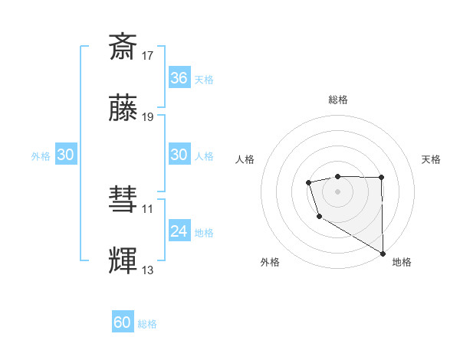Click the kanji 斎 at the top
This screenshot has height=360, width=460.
point(123,46)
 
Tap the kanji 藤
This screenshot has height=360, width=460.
point(123,108)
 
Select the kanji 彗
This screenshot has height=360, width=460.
point(123,199)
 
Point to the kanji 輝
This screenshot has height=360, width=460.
point(123,260)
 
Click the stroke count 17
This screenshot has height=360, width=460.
point(148,55)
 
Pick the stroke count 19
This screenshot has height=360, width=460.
point(148,117)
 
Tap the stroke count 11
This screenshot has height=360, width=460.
point(148,208)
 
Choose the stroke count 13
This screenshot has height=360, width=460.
point(148,270)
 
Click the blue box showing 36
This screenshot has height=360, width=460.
point(179,78)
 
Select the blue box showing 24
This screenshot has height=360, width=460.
point(179,231)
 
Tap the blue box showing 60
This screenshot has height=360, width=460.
point(123,322)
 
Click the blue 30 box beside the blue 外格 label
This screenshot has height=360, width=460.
point(66,155)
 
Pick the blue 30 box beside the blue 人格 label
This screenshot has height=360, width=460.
point(179,155)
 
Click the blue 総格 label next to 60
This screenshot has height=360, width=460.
point(148,324)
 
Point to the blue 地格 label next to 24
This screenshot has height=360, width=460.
point(204,233)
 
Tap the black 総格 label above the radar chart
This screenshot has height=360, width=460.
point(337,100)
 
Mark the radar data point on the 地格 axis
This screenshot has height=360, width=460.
point(383,253)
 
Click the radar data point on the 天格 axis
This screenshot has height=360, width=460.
point(382,178)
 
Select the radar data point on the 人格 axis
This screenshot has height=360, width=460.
point(308,182)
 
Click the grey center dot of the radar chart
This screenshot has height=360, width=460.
point(337,190)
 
